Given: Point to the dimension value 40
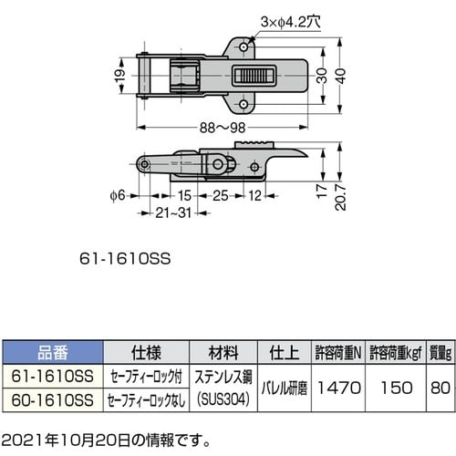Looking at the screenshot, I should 340,75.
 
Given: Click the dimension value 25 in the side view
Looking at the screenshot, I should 221,194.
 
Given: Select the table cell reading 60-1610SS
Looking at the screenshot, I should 52,399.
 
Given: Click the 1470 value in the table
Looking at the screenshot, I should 339,388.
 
